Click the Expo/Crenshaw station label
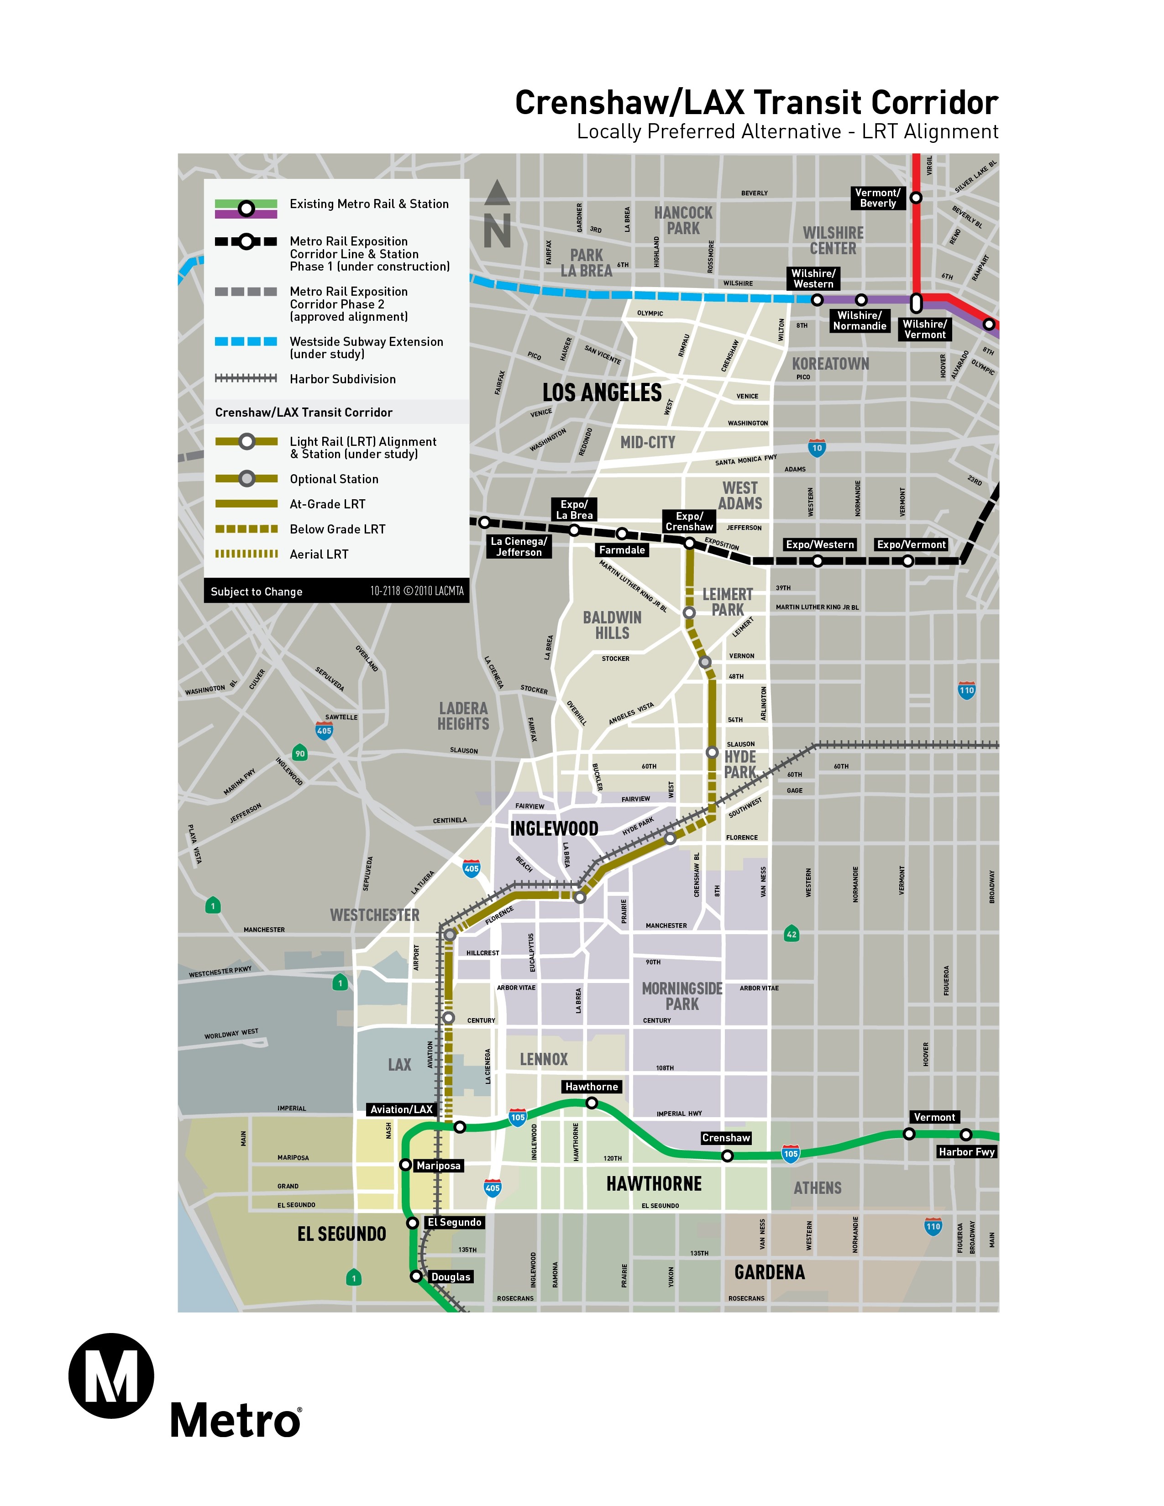tap(689, 521)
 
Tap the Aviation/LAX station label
tap(401, 1109)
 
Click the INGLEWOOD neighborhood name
tap(554, 828)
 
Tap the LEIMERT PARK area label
tap(728, 602)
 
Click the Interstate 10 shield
tap(817, 448)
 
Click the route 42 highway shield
tap(792, 934)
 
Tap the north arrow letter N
tap(497, 230)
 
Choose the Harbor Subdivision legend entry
tap(343, 379)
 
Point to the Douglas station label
tap(450, 1277)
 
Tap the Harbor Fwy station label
tap(966, 1151)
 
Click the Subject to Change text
tap(257, 591)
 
